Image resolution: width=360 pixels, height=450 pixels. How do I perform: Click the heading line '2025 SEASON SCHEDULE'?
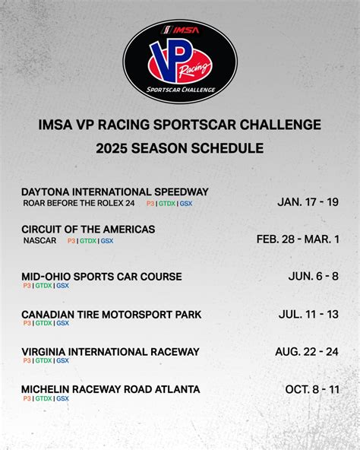(x=180, y=148)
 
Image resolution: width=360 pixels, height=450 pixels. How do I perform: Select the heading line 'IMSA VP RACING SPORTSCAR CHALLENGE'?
(x=180, y=125)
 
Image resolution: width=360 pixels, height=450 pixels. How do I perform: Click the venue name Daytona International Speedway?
(x=115, y=192)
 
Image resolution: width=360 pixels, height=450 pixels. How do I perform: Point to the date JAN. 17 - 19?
(x=308, y=202)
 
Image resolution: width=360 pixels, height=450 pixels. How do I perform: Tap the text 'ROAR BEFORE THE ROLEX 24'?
(x=79, y=204)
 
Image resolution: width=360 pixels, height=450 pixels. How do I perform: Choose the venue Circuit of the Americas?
(x=88, y=229)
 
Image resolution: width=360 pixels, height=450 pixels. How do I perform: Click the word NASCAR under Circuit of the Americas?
(x=39, y=241)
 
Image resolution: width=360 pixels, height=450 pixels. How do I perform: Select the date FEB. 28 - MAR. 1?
(x=298, y=239)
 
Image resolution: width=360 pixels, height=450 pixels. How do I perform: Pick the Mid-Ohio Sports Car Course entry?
(x=102, y=277)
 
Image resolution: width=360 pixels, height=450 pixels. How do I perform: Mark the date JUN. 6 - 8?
(x=314, y=276)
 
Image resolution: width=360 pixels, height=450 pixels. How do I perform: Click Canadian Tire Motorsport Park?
(x=111, y=314)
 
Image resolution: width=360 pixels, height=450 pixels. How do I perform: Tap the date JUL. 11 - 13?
(x=309, y=313)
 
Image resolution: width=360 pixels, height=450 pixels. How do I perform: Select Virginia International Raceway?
(x=110, y=351)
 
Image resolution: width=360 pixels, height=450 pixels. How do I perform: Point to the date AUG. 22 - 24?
(x=307, y=351)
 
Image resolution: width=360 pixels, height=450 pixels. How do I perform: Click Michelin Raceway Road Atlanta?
(x=111, y=389)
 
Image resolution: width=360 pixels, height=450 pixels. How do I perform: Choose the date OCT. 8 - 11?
(x=312, y=389)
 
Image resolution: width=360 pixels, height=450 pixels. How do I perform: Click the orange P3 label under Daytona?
(x=150, y=204)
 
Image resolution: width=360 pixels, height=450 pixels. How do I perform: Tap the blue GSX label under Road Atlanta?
(x=62, y=398)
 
